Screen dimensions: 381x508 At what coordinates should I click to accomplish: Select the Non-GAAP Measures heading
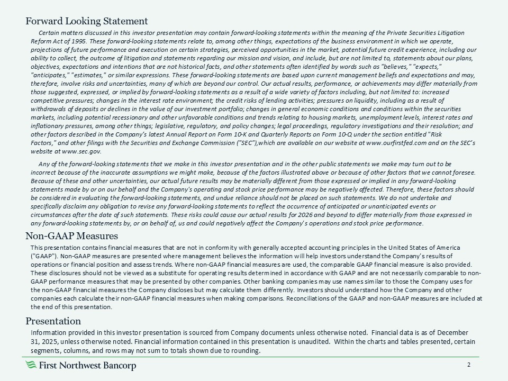(71, 235)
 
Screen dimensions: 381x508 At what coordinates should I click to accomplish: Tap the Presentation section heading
(53, 321)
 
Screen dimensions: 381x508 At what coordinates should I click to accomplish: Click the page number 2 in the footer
(469, 366)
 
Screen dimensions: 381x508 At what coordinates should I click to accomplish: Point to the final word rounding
(246, 350)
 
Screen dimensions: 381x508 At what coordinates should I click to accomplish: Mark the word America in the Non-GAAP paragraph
(446, 248)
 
